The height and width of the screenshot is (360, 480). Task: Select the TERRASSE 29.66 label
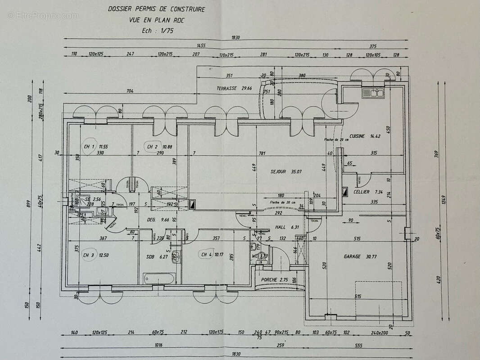(x=234, y=89)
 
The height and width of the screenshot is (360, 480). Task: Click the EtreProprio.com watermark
(x=43, y=16)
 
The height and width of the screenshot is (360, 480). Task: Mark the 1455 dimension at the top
(x=201, y=46)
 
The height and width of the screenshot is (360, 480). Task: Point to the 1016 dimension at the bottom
(x=158, y=345)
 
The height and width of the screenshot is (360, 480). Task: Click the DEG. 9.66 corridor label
(x=157, y=220)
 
